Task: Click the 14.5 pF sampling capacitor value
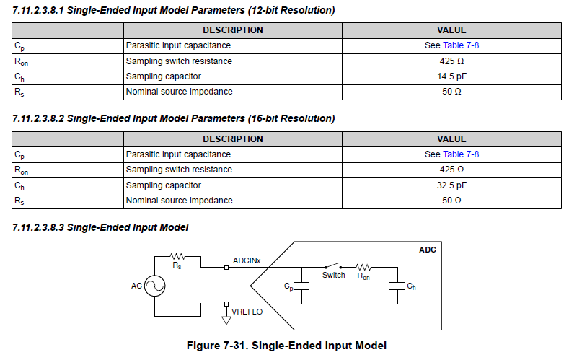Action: pos(451,76)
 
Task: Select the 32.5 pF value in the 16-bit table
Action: pos(451,185)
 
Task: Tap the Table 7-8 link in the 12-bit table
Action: pos(461,45)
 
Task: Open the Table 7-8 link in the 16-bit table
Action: pos(461,154)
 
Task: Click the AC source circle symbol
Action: pos(154,286)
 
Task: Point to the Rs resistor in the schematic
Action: pos(177,255)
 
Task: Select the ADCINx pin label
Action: pos(247,259)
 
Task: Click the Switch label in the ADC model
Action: pos(333,275)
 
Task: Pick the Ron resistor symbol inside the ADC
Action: pos(363,267)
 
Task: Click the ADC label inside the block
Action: pos(427,250)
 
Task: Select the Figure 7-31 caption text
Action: pos(286,346)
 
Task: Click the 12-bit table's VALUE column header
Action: pos(451,30)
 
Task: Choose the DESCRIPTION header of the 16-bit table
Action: pos(232,139)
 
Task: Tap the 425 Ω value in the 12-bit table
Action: pos(451,61)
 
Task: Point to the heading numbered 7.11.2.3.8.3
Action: pos(100,227)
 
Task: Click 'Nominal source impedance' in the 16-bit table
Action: pos(179,201)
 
